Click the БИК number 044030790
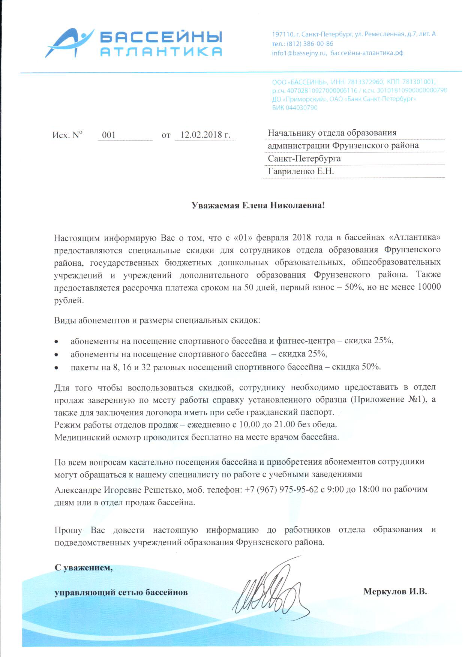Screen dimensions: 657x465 (x=301, y=108)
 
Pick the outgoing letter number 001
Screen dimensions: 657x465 (x=109, y=135)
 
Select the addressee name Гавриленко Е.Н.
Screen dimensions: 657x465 (x=301, y=171)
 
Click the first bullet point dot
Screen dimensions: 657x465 (x=56, y=341)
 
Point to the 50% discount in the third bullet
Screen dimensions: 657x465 (x=370, y=367)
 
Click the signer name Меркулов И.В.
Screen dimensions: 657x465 (x=395, y=592)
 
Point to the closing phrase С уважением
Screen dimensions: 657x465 (x=83, y=567)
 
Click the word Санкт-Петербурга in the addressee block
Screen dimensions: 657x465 (x=304, y=159)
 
